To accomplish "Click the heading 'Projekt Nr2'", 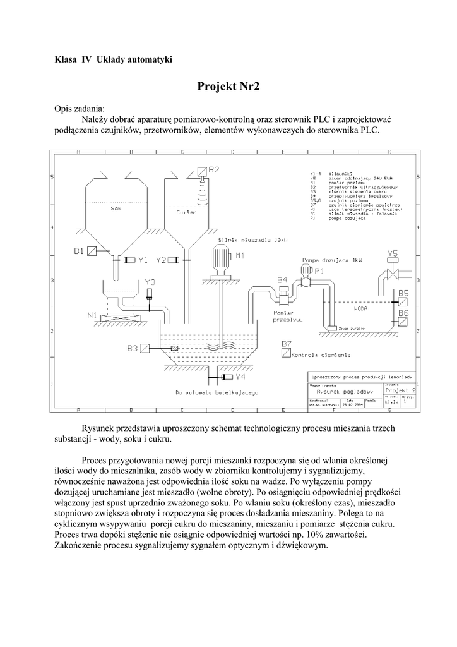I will click(x=228, y=87).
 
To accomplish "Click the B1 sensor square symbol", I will click(x=92, y=251).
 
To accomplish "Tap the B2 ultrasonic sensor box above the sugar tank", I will click(x=200, y=171).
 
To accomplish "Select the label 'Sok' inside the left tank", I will click(x=115, y=208).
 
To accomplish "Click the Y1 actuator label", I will click(x=143, y=260).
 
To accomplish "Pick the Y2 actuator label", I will click(x=162, y=260).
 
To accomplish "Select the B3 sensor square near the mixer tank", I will click(x=146, y=348).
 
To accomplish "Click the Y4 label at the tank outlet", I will click(x=240, y=377).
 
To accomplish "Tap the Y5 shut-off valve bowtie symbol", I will click(x=391, y=274).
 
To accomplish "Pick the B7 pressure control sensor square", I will click(x=285, y=354).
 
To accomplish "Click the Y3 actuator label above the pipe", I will click(x=150, y=282).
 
